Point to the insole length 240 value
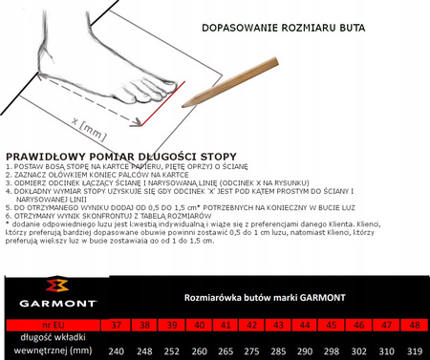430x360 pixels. pyautogui.click(x=117, y=349)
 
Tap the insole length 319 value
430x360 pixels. pyautogui.click(x=413, y=349)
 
